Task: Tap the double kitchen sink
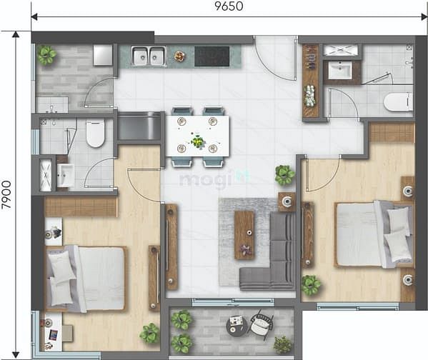149,56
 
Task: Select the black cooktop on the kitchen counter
211,56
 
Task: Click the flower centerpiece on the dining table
198,141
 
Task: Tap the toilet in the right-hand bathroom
397,102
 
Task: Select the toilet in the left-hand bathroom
95,132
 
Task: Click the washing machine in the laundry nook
103,55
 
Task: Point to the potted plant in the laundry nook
47,54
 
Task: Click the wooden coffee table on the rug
244,235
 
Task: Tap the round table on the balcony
237,326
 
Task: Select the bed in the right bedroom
372,234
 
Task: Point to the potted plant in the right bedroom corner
311,285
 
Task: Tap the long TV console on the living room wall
171,246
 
